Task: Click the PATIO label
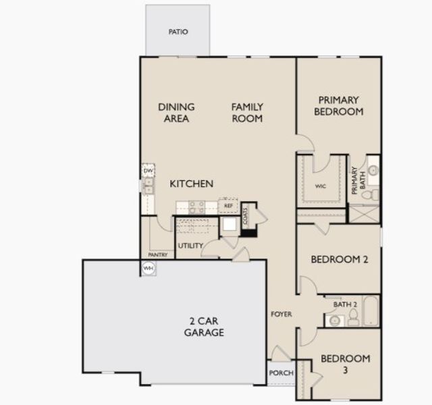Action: click(x=178, y=32)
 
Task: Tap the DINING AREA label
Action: click(x=176, y=113)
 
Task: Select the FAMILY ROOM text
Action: click(x=247, y=113)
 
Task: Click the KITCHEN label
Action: click(x=191, y=184)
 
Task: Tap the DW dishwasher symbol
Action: click(x=148, y=171)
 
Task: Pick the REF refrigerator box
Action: click(x=228, y=205)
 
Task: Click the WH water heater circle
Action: click(x=148, y=268)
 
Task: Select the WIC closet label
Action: click(x=321, y=187)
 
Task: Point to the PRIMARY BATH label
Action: click(x=356, y=180)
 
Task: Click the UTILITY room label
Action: click(x=190, y=246)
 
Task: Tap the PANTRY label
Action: click(x=158, y=255)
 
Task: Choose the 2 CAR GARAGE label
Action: click(x=204, y=327)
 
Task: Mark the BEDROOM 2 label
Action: click(x=339, y=259)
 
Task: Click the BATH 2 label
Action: click(x=344, y=305)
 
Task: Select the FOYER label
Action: click(x=281, y=315)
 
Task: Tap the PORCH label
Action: click(x=281, y=373)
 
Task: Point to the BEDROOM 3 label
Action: click(x=345, y=364)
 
